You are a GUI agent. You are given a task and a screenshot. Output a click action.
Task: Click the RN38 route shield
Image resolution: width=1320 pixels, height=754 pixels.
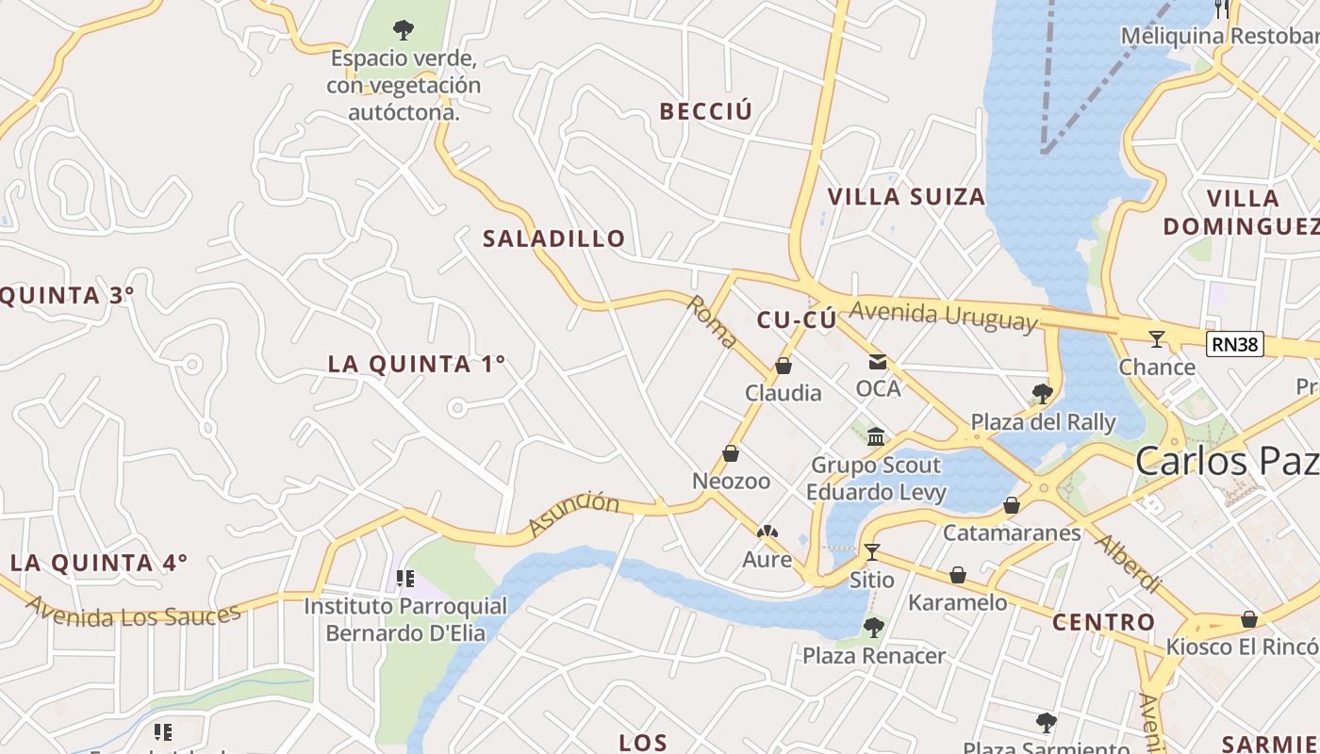tap(1235, 344)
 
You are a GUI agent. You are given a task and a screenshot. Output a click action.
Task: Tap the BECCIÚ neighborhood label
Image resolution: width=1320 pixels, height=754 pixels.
tap(706, 111)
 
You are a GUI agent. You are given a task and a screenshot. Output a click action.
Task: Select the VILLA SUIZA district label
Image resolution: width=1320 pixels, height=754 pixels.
tap(906, 197)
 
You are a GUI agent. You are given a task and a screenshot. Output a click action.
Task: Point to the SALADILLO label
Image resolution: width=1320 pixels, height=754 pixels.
tap(554, 238)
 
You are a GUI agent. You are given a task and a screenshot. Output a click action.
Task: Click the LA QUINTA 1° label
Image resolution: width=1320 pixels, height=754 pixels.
tap(417, 364)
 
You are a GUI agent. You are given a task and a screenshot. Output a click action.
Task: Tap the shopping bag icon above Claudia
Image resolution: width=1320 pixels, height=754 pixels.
tap(783, 366)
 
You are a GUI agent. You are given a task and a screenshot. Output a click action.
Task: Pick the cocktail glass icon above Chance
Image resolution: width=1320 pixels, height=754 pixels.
tap(1157, 339)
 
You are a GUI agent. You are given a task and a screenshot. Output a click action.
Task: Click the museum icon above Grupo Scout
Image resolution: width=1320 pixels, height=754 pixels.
tap(876, 436)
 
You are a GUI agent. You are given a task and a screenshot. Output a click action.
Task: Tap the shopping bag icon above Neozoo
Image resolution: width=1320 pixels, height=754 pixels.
tap(731, 453)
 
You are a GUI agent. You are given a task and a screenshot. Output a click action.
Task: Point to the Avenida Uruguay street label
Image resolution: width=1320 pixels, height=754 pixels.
tap(943, 315)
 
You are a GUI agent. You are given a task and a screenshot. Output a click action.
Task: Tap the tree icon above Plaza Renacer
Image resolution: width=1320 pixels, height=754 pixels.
tap(874, 627)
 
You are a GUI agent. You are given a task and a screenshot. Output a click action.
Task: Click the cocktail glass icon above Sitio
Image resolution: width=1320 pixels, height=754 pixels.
tap(871, 551)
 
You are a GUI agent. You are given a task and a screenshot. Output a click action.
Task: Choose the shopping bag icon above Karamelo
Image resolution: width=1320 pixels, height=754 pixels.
tap(958, 574)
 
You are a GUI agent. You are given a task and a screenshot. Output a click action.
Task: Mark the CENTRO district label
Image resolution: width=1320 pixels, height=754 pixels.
tap(1103, 622)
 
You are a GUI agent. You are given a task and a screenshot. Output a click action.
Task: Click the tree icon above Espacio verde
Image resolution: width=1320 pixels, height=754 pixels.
tap(404, 30)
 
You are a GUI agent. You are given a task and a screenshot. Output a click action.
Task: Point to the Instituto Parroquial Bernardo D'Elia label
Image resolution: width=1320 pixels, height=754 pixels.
tap(405, 619)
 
